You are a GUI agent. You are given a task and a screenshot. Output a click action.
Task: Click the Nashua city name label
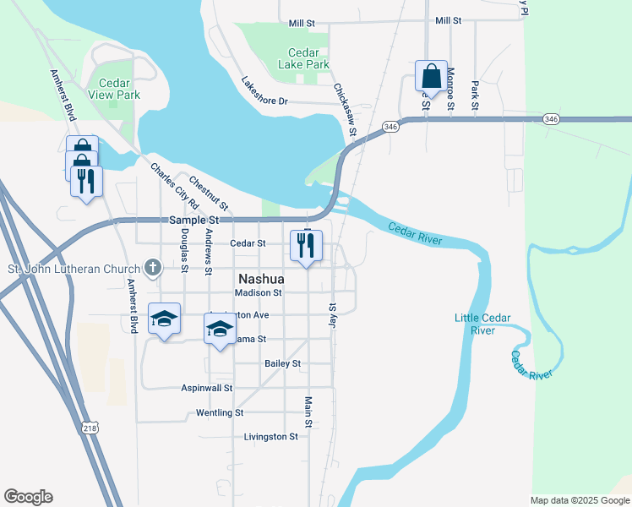pyautogui.click(x=262, y=278)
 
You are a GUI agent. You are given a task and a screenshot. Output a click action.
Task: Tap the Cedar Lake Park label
pyautogui.click(x=303, y=57)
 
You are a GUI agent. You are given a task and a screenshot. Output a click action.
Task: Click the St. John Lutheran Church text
pyautogui.click(x=74, y=270)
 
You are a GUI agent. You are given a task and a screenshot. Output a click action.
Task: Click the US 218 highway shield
pyautogui.click(x=90, y=429)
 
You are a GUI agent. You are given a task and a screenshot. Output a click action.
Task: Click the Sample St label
pyautogui.click(x=194, y=220)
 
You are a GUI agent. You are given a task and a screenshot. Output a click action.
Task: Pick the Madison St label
pyautogui.click(x=259, y=292)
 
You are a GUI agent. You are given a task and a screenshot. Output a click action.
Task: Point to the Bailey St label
pyautogui.click(x=282, y=363)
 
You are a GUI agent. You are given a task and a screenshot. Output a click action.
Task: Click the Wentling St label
pyautogui.click(x=219, y=413)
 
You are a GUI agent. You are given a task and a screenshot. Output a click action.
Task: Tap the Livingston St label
pyautogui.click(x=270, y=437)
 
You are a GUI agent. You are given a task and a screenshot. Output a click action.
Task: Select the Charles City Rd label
pyautogui.click(x=174, y=185)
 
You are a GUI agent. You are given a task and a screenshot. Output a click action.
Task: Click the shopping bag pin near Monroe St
pyautogui.click(x=431, y=76)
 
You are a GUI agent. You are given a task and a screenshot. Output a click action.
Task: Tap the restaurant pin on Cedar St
pyautogui.click(x=306, y=246)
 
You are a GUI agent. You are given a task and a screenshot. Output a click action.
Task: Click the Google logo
pyautogui.click(x=28, y=497)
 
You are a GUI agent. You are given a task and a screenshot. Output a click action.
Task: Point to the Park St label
pyautogui.click(x=475, y=95)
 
